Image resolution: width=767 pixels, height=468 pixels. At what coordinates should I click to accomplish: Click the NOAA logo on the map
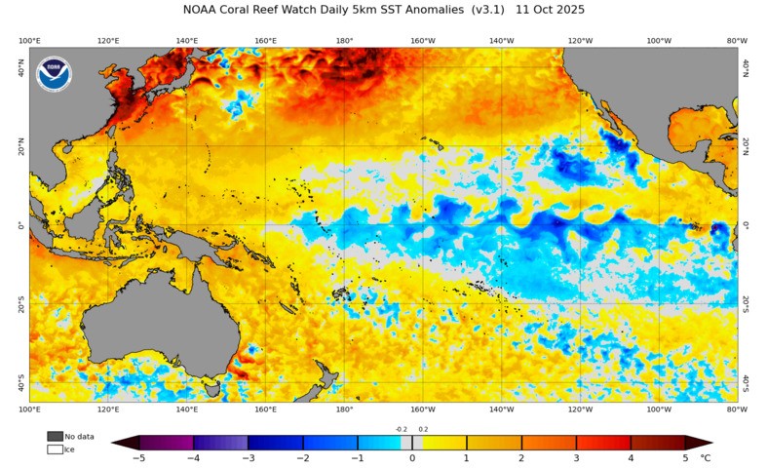[54, 74]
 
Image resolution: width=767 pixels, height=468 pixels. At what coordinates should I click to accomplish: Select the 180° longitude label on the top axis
[344, 41]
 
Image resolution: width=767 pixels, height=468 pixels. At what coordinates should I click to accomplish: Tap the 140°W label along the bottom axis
[501, 410]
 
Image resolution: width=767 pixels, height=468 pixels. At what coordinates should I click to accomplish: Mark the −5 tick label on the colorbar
[139, 457]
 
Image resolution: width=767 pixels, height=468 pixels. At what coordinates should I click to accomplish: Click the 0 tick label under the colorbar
[412, 457]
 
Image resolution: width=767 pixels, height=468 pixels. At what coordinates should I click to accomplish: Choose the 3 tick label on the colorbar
[576, 457]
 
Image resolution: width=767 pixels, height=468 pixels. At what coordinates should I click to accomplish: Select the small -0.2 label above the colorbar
[401, 429]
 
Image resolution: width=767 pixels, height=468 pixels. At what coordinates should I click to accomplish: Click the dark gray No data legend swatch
[55, 436]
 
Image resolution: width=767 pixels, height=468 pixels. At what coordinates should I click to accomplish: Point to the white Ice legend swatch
[55, 449]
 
